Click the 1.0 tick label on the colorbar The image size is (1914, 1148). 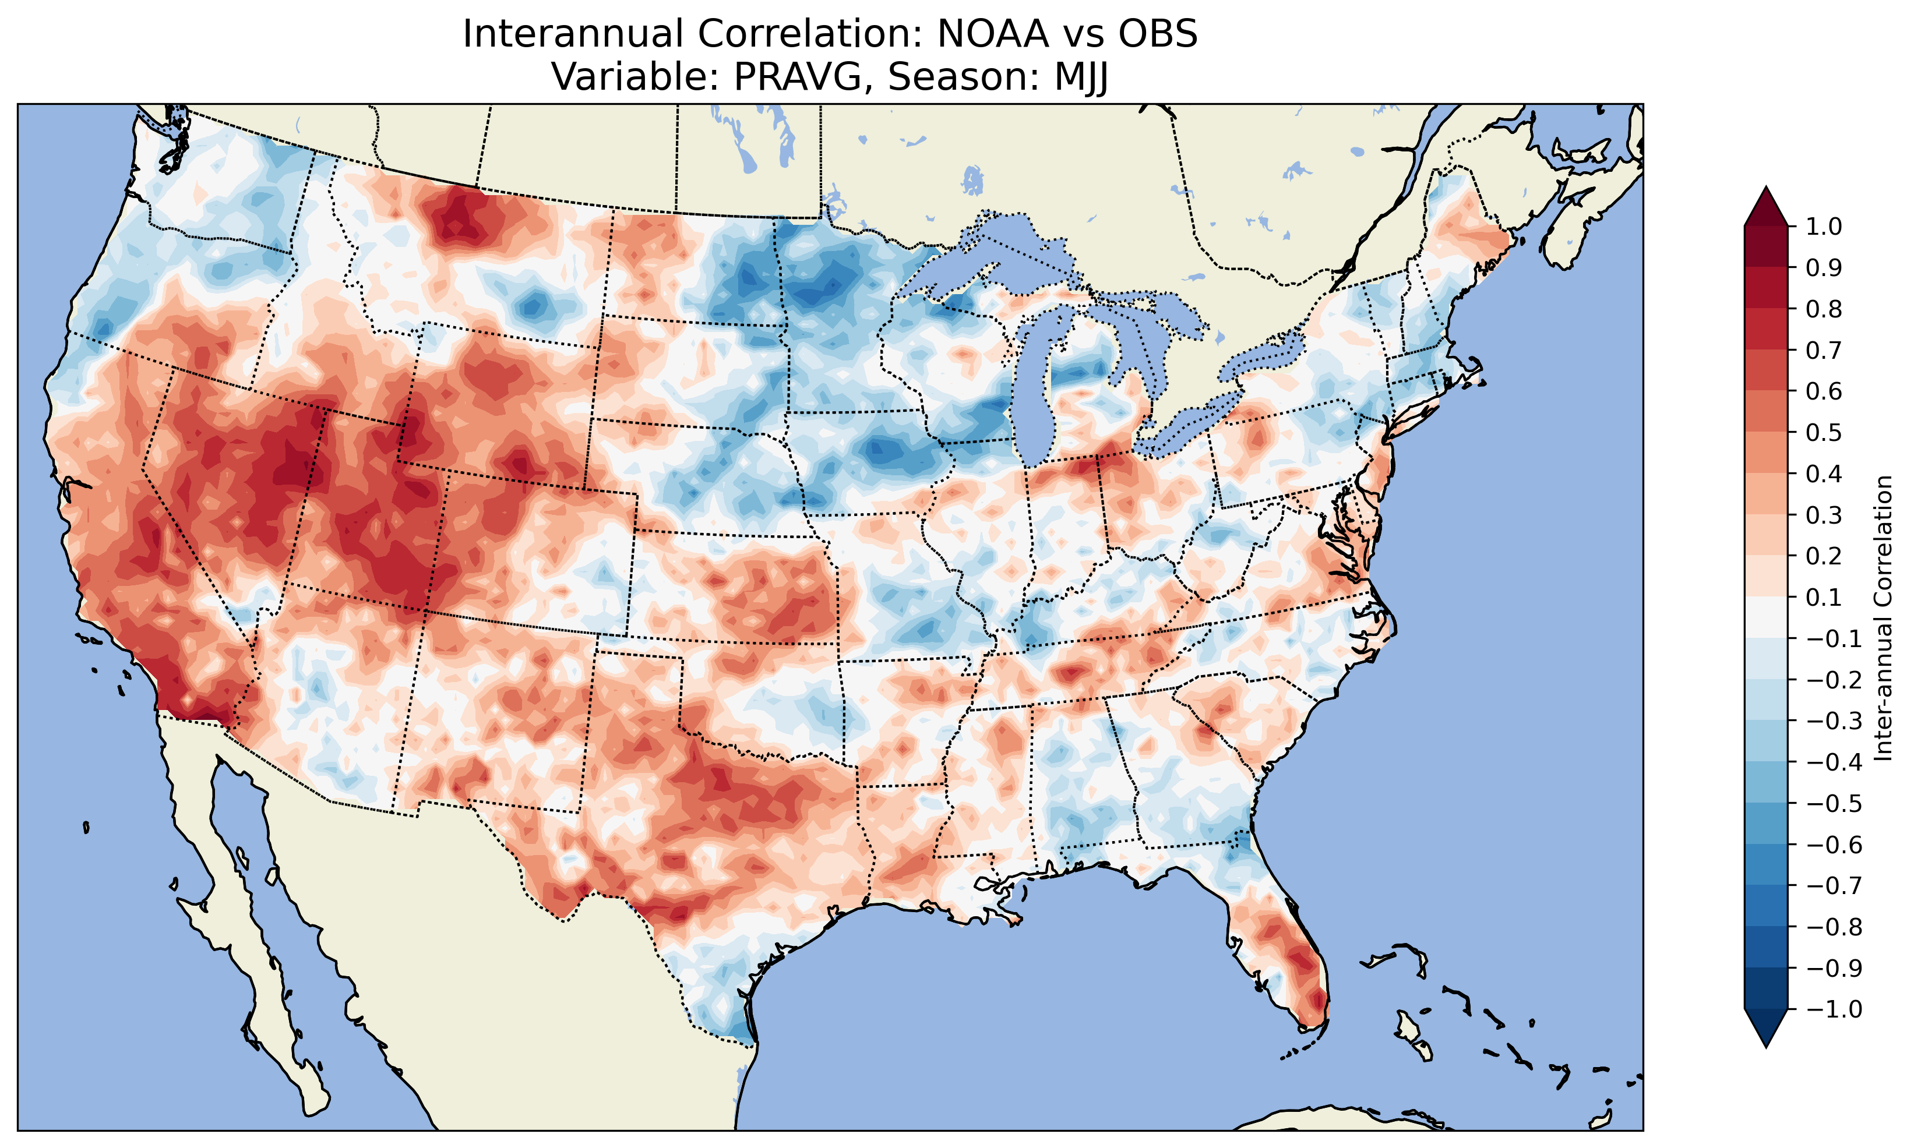(1824, 227)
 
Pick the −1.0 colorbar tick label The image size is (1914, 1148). (1834, 1009)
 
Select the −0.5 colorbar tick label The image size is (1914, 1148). (1834, 804)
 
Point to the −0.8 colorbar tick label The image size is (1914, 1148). (1834, 927)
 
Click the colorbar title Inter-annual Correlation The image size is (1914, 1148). (1884, 618)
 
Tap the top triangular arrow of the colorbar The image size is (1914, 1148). (1765, 206)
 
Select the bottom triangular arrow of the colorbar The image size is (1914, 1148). (1765, 1029)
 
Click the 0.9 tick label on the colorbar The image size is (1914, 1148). (1824, 269)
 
